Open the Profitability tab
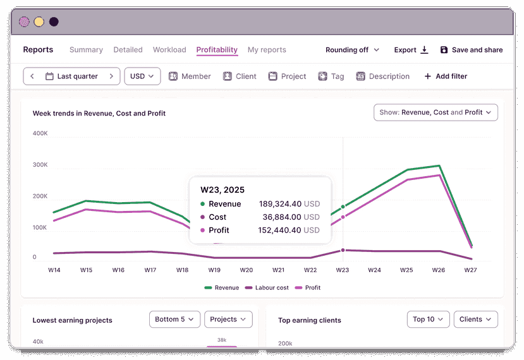217,50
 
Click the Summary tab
86,50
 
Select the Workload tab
169,50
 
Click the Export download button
411,50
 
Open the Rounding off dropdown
352,50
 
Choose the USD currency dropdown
142,76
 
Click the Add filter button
446,76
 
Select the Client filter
240,76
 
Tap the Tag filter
331,76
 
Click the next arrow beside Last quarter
111,76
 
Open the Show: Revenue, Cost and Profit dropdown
436,112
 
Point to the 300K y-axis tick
40,165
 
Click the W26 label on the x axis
438,270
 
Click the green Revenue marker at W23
343,207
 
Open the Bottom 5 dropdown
175,320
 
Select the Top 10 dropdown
429,320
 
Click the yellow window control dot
39,21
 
